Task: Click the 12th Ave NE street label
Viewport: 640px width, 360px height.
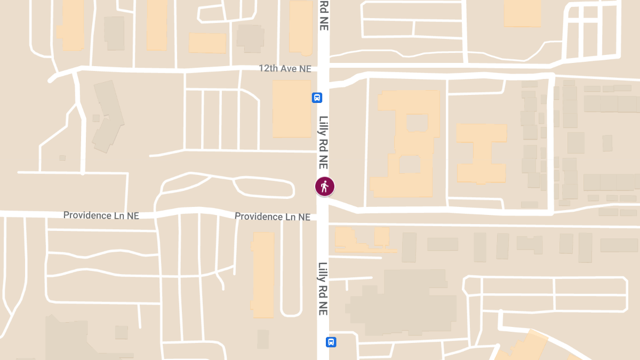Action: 285,68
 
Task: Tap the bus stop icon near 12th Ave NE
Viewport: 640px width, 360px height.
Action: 317,98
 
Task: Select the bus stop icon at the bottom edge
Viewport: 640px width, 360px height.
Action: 331,342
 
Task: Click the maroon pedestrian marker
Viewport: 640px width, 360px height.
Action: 324,186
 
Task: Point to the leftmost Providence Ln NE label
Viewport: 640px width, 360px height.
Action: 101,215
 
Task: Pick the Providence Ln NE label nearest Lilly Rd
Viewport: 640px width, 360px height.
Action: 272,217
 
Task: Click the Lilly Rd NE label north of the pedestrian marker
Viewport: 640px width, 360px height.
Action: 324,142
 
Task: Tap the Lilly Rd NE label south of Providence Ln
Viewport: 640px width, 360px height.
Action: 323,288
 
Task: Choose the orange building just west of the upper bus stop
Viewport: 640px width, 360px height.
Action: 291,109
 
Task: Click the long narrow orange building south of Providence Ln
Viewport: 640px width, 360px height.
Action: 263,275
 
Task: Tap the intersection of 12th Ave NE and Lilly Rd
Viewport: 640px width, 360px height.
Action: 323,68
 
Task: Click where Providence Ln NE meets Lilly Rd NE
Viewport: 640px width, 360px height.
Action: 323,217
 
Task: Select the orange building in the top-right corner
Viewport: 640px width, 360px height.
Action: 523,13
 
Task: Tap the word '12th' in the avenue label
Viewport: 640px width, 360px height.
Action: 268,68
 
